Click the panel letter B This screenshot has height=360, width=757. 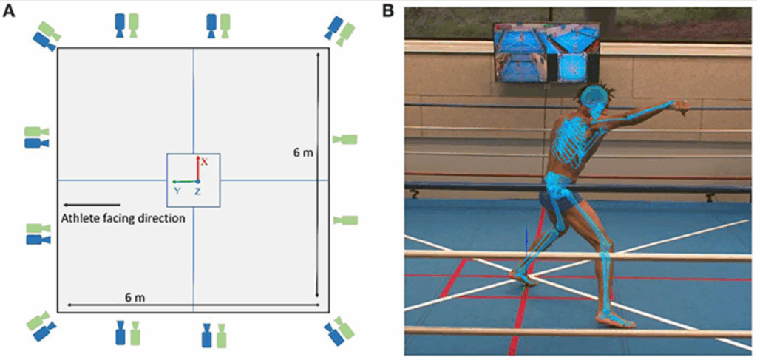click(389, 12)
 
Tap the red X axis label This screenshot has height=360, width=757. click(205, 161)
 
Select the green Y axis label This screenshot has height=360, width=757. click(177, 191)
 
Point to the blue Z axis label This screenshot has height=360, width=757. click(198, 191)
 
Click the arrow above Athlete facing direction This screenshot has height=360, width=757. click(92, 204)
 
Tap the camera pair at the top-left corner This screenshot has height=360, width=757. click(47, 35)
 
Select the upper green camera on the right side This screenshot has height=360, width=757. click(344, 139)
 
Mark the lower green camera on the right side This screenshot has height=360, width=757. click(345, 220)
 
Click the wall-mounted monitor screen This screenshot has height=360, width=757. click(546, 51)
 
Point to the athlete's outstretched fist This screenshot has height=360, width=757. click(681, 108)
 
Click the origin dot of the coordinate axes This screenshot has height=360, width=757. click(197, 181)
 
